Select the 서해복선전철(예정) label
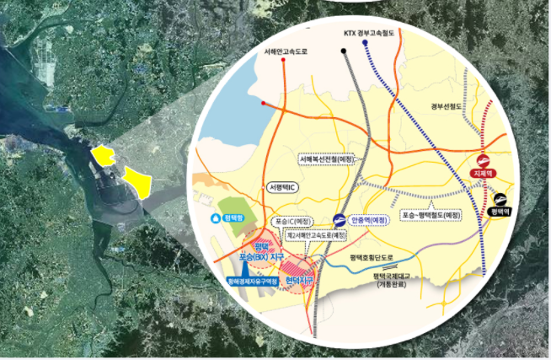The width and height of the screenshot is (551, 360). pos(327,158)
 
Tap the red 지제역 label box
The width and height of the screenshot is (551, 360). pos(484,174)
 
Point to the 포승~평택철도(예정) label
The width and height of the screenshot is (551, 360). pos(432,215)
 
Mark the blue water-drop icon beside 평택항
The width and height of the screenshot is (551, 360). pos(213,217)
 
